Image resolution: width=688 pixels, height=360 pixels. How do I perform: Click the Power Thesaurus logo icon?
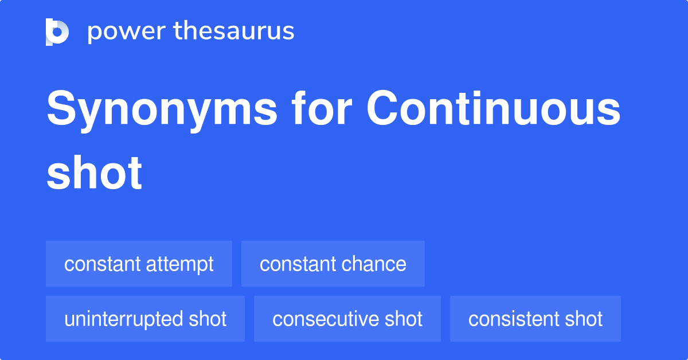pyautogui.click(x=57, y=32)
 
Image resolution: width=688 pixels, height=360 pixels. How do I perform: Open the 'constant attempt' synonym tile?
pyautogui.click(x=139, y=264)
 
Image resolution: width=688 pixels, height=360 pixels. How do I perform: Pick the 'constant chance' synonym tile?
pyautogui.click(x=333, y=264)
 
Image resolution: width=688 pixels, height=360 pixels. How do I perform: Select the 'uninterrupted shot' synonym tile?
pyautogui.click(x=145, y=319)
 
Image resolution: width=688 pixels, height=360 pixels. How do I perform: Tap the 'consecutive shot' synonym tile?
pyautogui.click(x=347, y=319)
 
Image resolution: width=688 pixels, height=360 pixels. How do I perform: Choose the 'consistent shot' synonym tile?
pyautogui.click(x=535, y=319)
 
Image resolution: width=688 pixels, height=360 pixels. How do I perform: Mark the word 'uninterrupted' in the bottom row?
pyautogui.click(x=124, y=319)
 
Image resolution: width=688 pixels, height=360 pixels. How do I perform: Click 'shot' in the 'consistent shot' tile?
pyautogui.click(x=584, y=319)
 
